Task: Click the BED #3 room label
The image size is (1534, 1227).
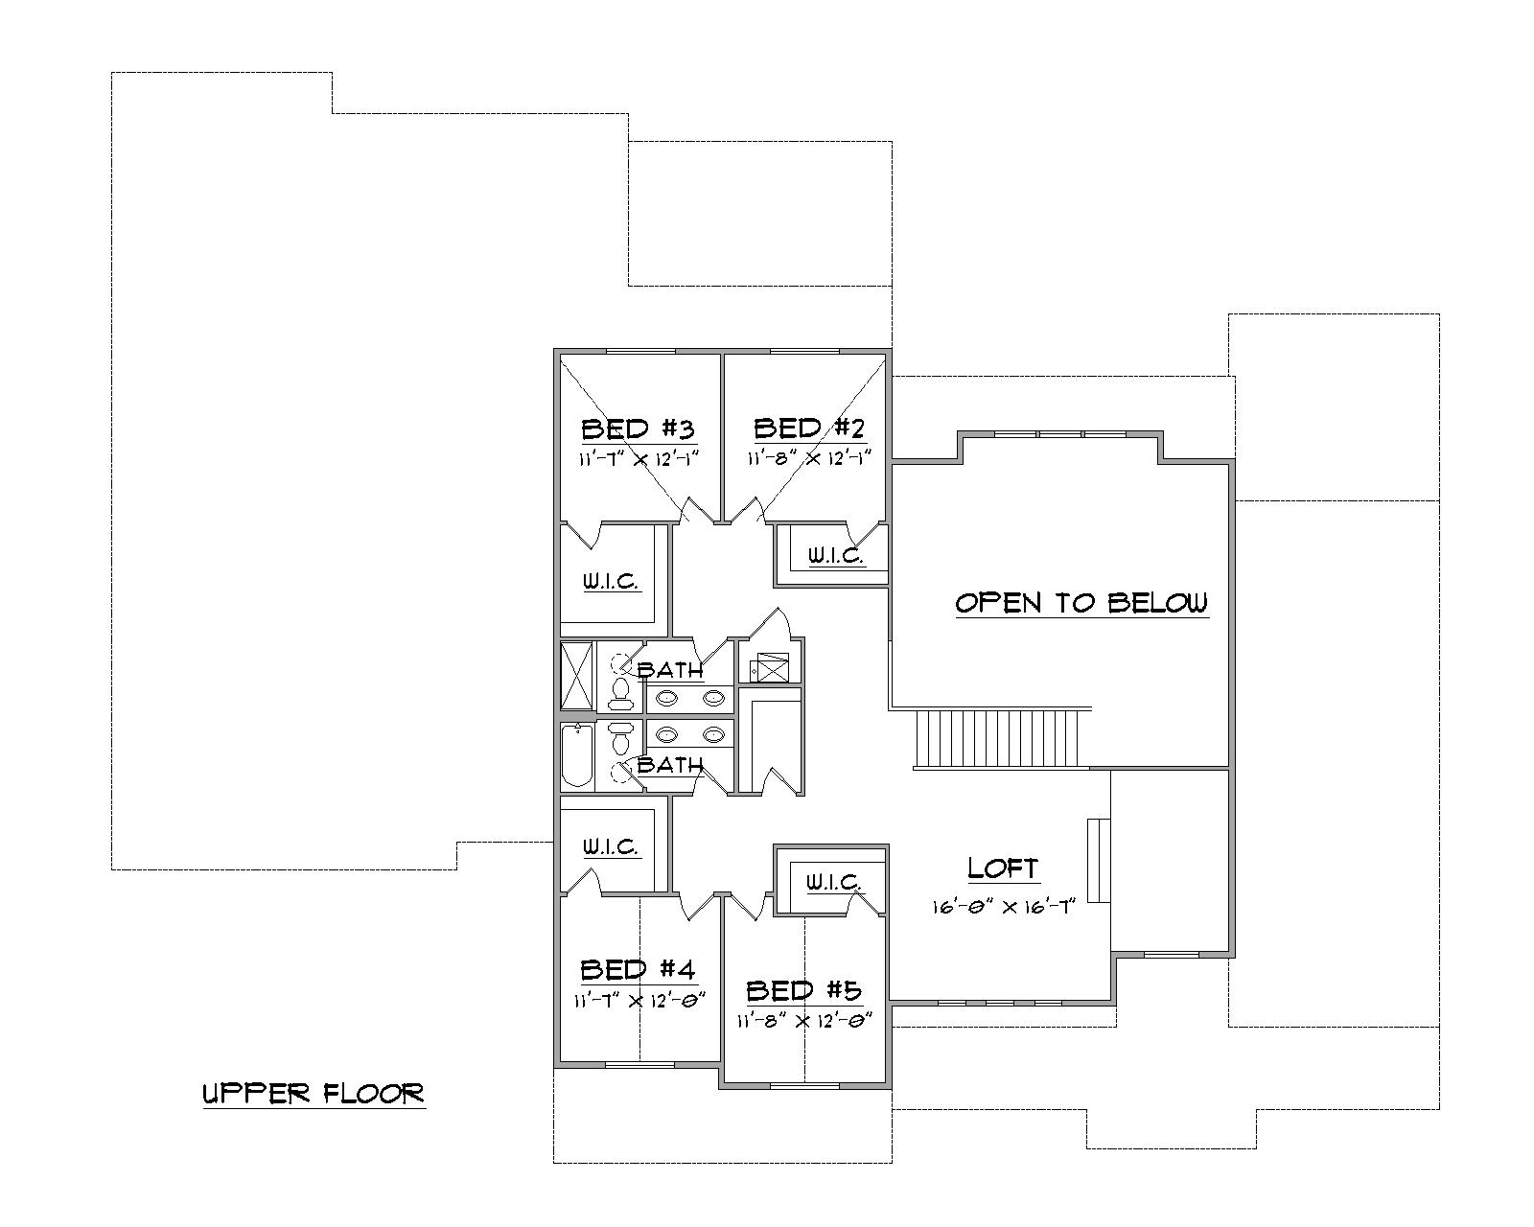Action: [638, 428]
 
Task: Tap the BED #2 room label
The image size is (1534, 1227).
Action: [809, 428]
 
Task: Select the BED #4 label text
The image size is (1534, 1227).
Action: [638, 969]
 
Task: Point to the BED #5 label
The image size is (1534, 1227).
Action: [803, 990]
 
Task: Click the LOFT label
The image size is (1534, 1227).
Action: [1003, 868]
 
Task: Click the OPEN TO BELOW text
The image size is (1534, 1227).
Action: [1081, 603]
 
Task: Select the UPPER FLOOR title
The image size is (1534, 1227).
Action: [314, 1094]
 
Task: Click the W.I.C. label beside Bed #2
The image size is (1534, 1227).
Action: [835, 555]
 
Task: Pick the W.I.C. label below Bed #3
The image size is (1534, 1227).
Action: [611, 582]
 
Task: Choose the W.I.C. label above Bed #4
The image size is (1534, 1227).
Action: [611, 847]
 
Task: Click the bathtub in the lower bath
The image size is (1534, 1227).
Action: [576, 756]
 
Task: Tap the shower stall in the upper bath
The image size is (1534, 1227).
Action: [577, 676]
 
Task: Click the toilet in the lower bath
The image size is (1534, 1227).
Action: [620, 740]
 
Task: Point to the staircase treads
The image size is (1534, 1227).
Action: [1002, 738]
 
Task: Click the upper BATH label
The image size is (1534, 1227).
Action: [670, 670]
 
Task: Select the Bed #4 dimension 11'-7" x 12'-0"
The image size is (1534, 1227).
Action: [639, 1001]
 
